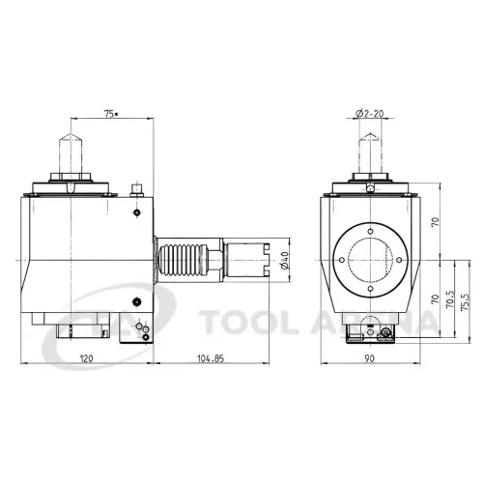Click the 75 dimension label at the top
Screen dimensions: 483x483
point(110,114)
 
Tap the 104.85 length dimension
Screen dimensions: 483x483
point(212,357)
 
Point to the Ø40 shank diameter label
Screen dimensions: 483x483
point(283,261)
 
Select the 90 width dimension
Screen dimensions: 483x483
point(371,357)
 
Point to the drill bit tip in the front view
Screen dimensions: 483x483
point(370,138)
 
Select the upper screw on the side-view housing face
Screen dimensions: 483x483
point(138,212)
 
